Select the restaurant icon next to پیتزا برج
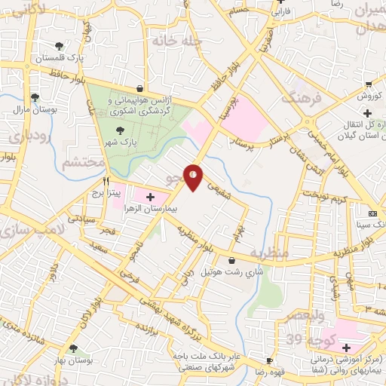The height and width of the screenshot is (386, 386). coord(106,182)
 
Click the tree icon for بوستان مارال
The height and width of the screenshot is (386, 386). coord(35,97)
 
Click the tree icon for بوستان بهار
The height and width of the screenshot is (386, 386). coord(72,349)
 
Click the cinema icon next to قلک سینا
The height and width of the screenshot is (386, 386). coord(372,213)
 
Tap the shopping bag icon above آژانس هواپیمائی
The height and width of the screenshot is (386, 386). coord(139,89)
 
